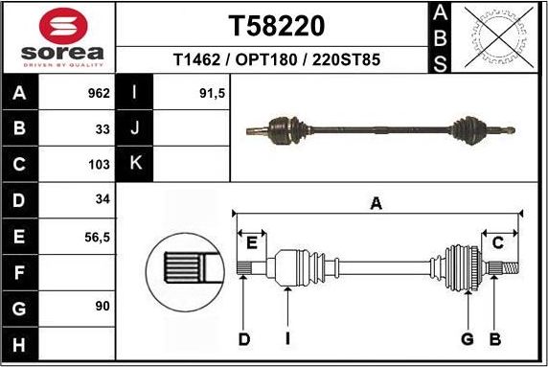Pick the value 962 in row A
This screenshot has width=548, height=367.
99,94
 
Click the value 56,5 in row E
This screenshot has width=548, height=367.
97,235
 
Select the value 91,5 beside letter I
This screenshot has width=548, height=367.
212,94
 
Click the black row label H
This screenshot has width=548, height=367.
20,343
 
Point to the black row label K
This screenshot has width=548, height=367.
135,164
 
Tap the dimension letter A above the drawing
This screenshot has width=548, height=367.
377,202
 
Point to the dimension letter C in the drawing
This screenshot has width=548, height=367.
497,242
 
